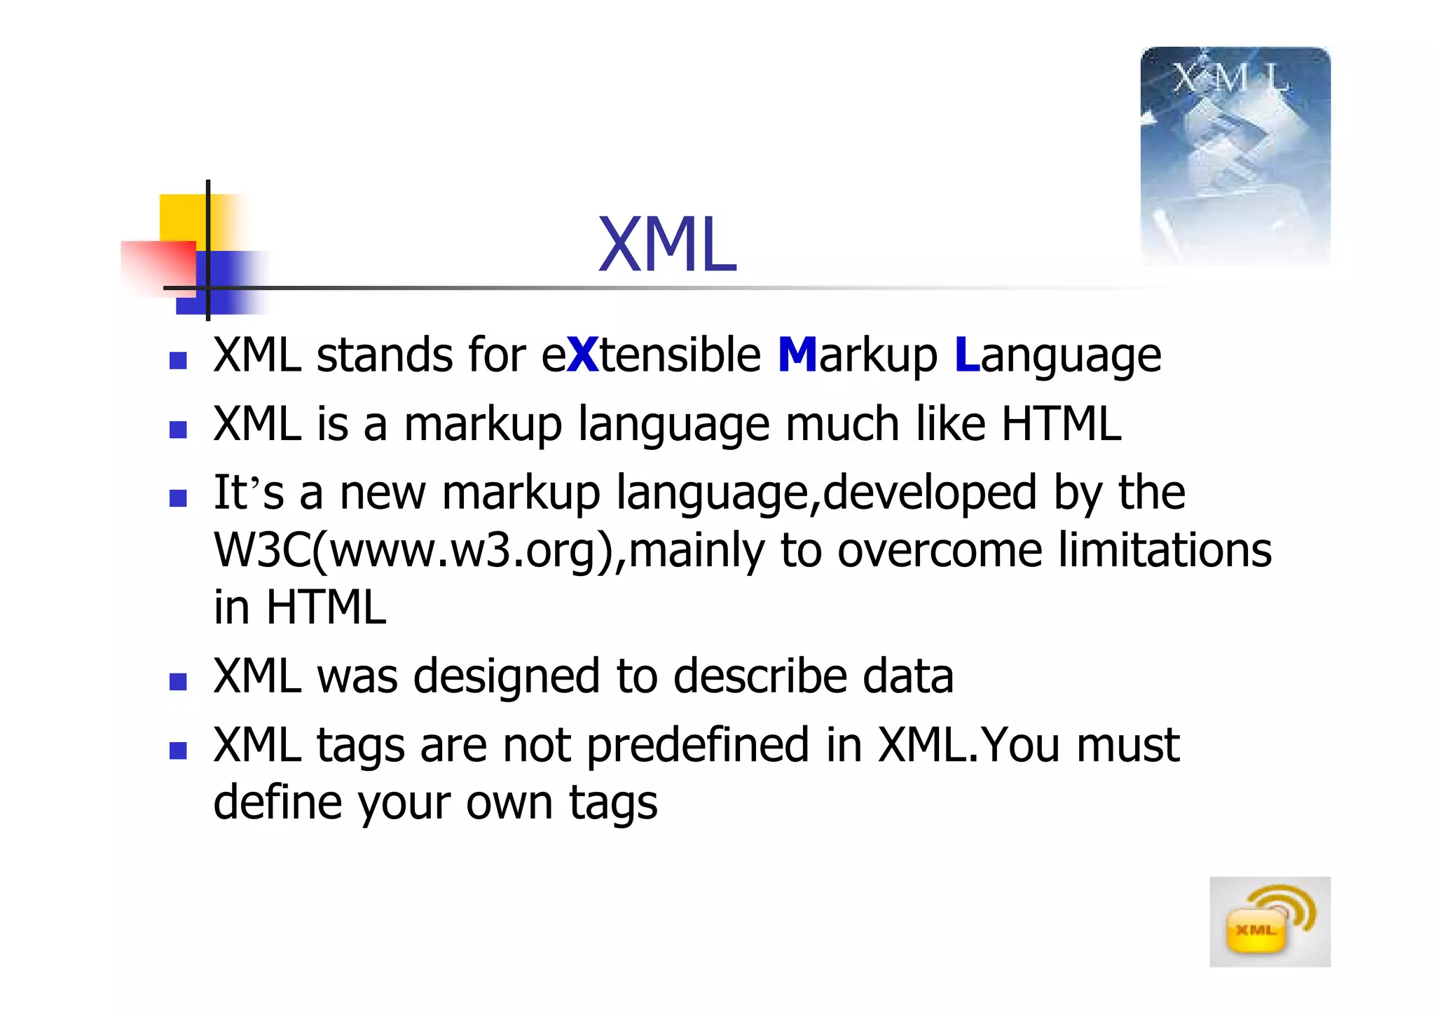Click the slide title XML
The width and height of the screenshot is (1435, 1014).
tap(667, 245)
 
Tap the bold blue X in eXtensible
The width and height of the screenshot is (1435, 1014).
tap(583, 355)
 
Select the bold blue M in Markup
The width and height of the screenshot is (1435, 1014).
tap(797, 355)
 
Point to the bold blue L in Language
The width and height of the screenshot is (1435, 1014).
tap(966, 355)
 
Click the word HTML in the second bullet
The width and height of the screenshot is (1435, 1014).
tap(1061, 424)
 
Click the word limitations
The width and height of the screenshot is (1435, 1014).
tap(1165, 550)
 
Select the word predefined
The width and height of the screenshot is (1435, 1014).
tap(697, 745)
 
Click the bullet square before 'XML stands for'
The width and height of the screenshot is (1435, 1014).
tap(178, 360)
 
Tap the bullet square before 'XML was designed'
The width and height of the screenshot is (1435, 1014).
tap(178, 682)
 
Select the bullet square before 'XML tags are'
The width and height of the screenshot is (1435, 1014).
tap(178, 751)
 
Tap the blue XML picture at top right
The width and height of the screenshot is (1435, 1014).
tap(1235, 156)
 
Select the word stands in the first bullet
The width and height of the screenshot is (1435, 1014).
tap(385, 355)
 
